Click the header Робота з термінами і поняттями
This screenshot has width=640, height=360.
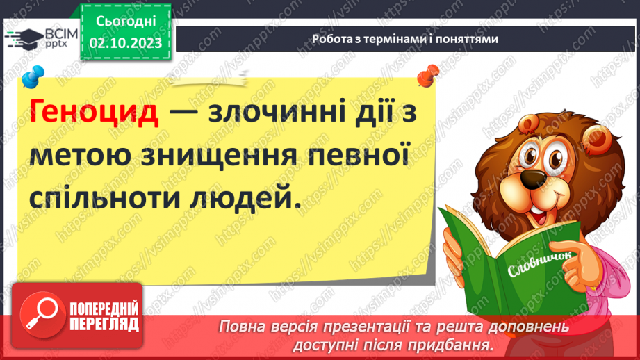(x=404, y=39)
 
